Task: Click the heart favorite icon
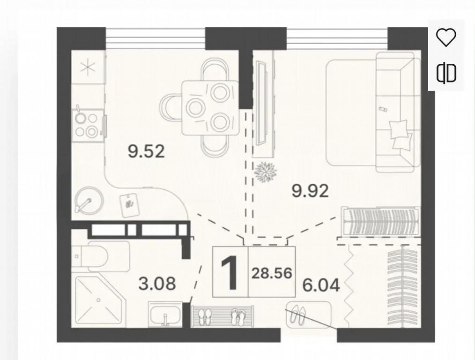point(446,37)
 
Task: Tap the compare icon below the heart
point(446,73)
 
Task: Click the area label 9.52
point(146,151)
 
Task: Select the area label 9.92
point(310,191)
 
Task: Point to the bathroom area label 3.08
point(157,284)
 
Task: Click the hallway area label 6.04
point(321,285)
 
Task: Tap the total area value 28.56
point(272,273)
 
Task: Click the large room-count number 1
point(230,272)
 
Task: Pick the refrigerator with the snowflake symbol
point(88,67)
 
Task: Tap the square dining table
point(210,107)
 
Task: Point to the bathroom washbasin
point(165,314)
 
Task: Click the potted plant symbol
point(266,172)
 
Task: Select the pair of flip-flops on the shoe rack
point(238,317)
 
